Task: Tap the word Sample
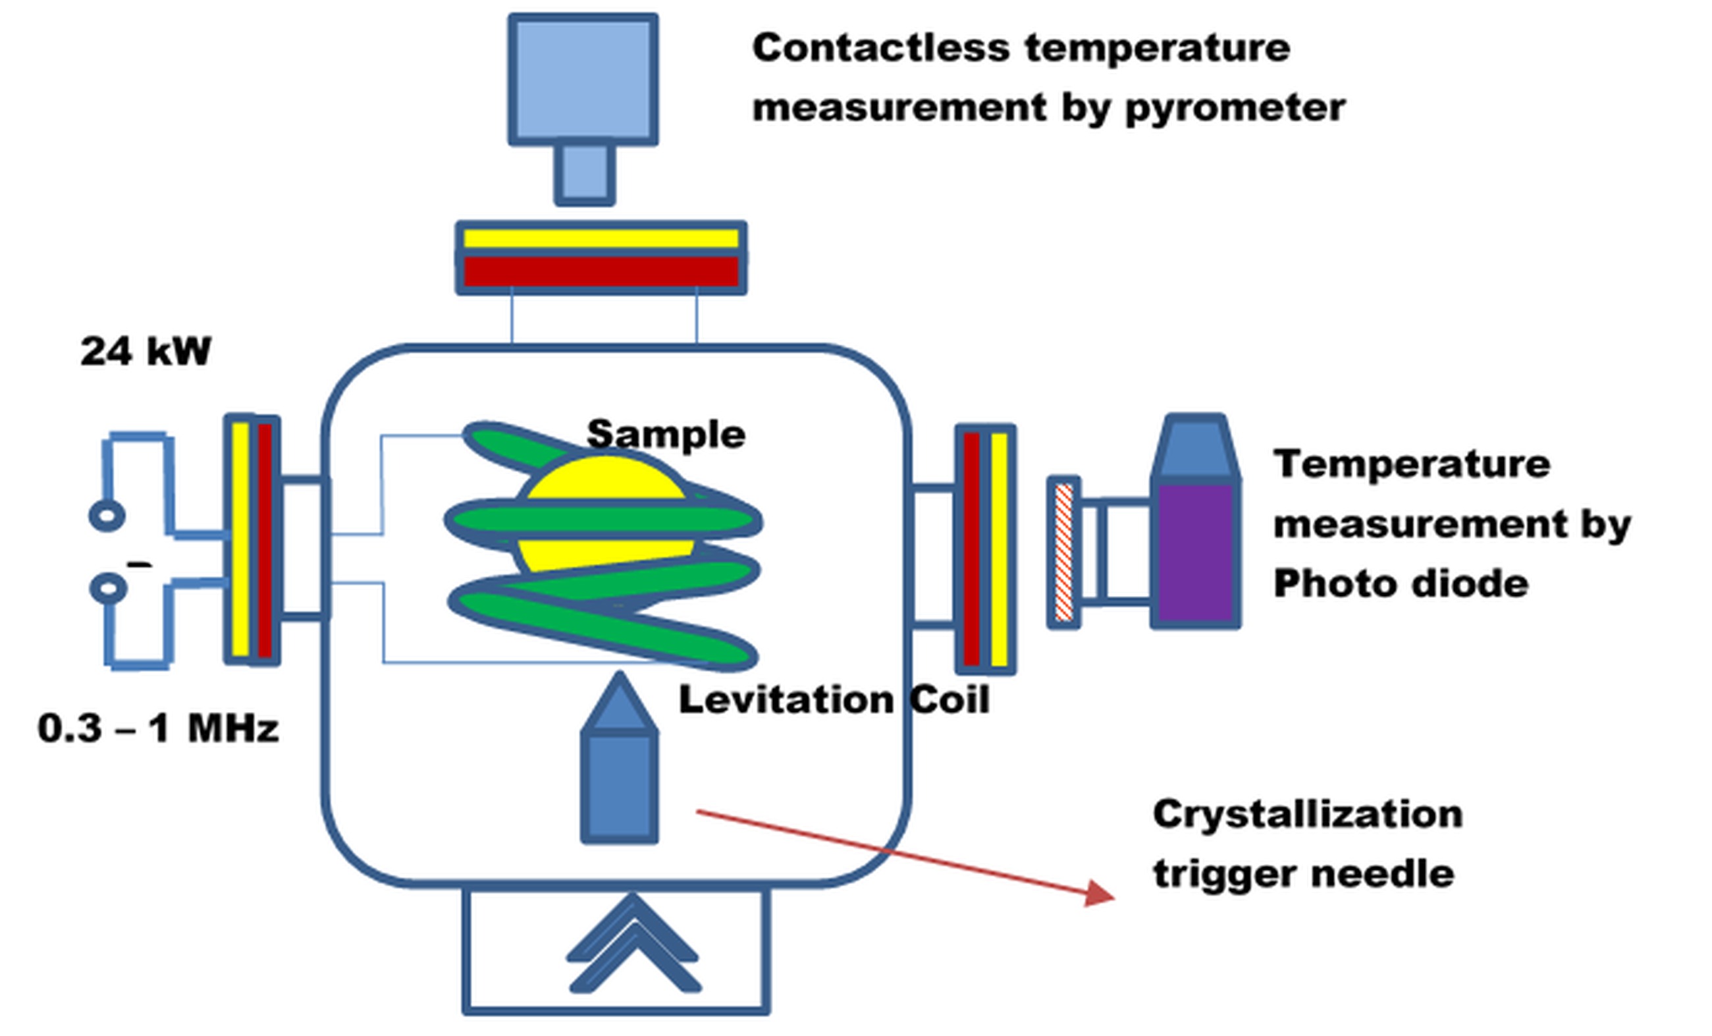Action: click(666, 435)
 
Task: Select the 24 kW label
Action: click(146, 351)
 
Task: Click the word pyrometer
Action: click(1235, 109)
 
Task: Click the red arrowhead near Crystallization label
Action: click(1099, 893)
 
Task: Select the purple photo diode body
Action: click(1195, 553)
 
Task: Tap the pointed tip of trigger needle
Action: click(619, 684)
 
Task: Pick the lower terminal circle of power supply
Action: click(109, 589)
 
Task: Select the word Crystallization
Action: click(1308, 814)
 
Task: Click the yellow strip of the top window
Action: click(601, 238)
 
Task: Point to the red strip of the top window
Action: click(601, 272)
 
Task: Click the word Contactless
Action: click(880, 48)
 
